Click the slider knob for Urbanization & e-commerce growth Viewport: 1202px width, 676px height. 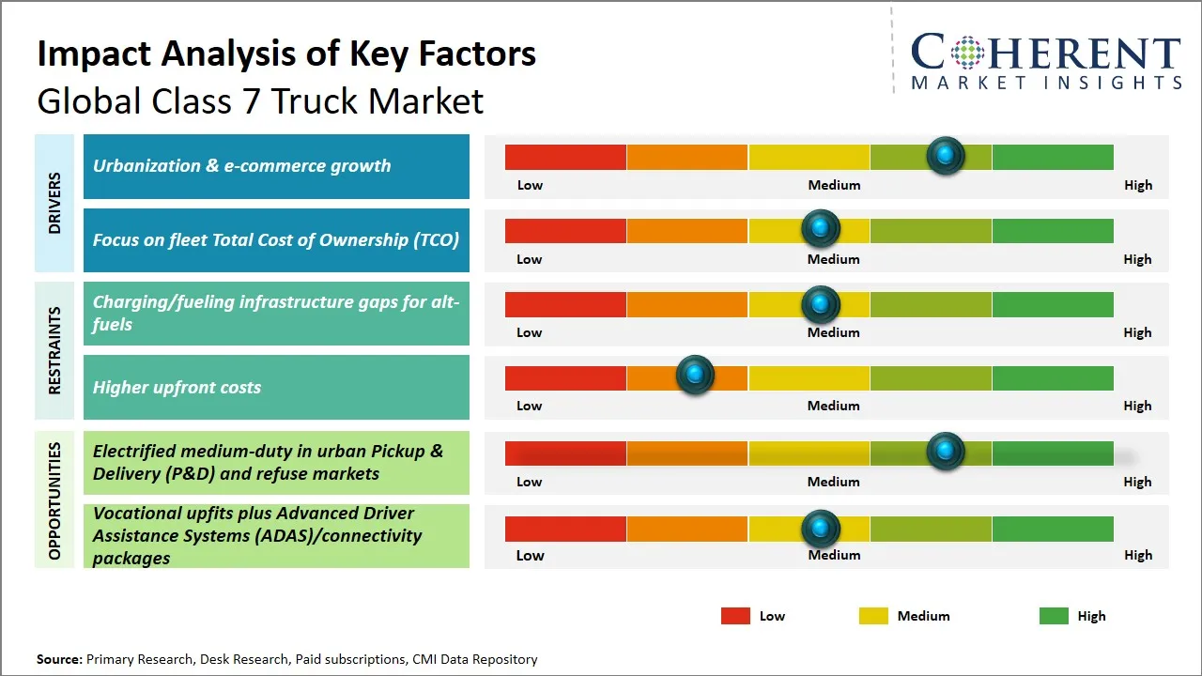click(x=946, y=155)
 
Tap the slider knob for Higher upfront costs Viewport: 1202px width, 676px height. click(x=695, y=376)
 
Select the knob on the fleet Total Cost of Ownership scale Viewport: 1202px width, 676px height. click(x=821, y=228)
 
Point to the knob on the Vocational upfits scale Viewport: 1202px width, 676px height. click(x=821, y=529)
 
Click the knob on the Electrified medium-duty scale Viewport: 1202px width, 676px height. click(x=946, y=451)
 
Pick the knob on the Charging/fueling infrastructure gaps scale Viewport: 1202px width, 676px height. click(x=821, y=303)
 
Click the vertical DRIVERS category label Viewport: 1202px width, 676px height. click(x=54, y=204)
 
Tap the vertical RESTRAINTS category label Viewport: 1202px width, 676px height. click(x=54, y=350)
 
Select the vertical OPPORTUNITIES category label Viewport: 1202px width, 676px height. click(x=54, y=500)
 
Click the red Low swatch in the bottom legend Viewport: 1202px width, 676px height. click(x=735, y=616)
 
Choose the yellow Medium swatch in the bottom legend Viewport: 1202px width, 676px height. click(x=873, y=616)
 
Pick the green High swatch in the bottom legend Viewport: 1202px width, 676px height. click(x=1054, y=616)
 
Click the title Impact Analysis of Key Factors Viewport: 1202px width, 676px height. click(x=286, y=54)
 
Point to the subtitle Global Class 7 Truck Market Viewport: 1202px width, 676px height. click(x=260, y=100)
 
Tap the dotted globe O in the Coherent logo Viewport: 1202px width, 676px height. click(x=966, y=53)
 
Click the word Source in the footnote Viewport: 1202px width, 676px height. click(x=59, y=659)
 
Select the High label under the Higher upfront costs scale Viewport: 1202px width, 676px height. click(x=1137, y=406)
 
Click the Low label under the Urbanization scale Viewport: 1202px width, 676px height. click(x=530, y=185)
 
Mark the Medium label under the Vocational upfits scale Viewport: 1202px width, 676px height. click(x=834, y=555)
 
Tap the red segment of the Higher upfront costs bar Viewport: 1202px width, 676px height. click(x=565, y=377)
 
